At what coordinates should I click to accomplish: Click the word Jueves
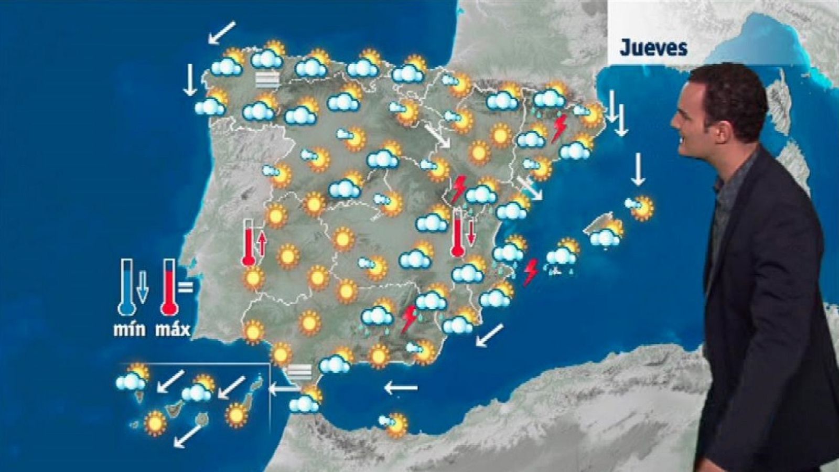tap(653, 48)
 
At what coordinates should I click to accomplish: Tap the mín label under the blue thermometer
tap(130, 330)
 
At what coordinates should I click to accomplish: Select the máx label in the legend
tap(173, 330)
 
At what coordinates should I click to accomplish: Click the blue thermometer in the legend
tap(127, 287)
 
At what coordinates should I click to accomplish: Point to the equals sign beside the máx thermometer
tap(185, 287)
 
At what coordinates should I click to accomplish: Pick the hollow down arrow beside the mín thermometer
tap(142, 286)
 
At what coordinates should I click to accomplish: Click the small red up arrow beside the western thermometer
tap(261, 243)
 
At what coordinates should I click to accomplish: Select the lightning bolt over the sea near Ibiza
tap(531, 272)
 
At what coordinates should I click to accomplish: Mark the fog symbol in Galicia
tap(267, 79)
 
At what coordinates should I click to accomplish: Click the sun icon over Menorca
tap(641, 207)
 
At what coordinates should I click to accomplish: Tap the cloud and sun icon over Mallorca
tap(607, 234)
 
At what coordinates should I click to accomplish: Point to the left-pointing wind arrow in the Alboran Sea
tap(401, 388)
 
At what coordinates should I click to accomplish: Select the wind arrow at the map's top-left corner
tap(221, 33)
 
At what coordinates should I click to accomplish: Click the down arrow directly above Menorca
tap(638, 169)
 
